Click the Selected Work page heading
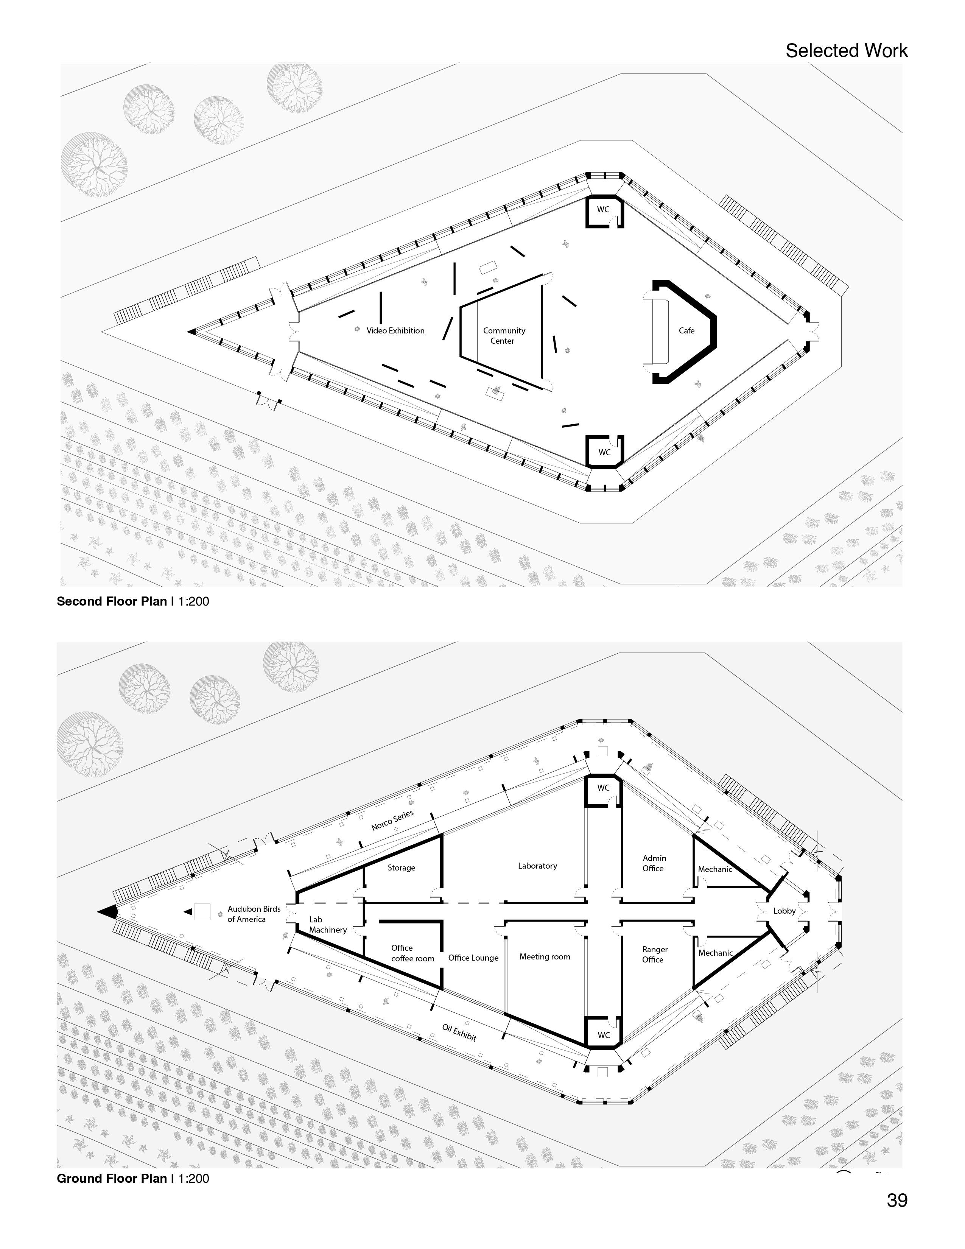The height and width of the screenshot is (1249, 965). (846, 50)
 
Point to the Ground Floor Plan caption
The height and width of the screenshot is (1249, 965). (132, 1178)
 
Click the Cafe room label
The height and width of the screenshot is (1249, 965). (686, 330)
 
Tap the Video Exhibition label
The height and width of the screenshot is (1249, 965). (395, 330)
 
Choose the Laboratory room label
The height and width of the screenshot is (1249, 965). (537, 866)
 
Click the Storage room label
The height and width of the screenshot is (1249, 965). (401, 867)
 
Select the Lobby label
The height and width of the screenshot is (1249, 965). (784, 911)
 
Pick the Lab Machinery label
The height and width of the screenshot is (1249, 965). (328, 925)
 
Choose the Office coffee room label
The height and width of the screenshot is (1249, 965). (412, 953)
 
